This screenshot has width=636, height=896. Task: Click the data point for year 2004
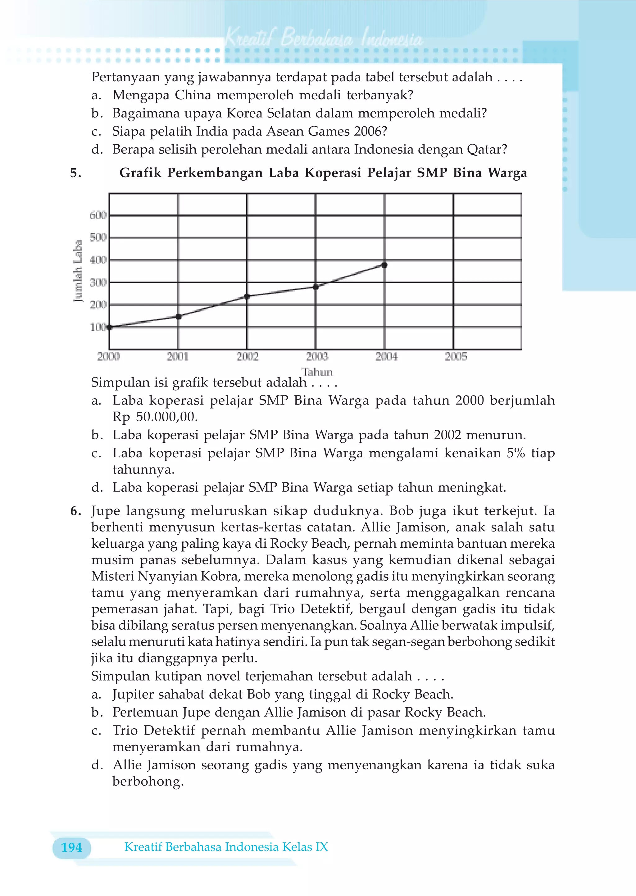[384, 265]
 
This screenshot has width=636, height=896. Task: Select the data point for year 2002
[247, 296]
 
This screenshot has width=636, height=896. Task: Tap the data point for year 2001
[178, 317]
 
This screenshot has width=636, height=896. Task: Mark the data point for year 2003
[316, 287]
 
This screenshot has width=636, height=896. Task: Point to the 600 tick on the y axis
[98, 215]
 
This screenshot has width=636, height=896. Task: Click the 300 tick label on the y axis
[98, 282]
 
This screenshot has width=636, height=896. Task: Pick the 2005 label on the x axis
[456, 357]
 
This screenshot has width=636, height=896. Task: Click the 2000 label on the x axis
[108, 357]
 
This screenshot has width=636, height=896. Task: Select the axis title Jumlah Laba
[78, 271]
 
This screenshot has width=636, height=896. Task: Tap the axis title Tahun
[317, 372]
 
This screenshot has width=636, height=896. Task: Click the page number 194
[72, 848]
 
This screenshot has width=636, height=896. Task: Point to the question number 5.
[75, 173]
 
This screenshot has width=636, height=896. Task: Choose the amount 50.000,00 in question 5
[166, 417]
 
